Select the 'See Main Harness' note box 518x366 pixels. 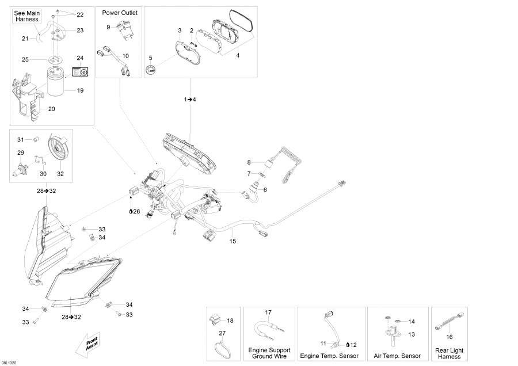(27, 16)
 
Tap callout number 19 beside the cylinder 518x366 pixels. (80, 90)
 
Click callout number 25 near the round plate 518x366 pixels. (25, 59)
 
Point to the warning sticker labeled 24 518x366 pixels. (79, 72)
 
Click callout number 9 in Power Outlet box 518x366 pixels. (108, 27)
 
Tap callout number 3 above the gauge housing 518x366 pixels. (180, 30)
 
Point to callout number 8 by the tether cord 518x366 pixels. (249, 162)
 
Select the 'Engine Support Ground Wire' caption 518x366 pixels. (269, 353)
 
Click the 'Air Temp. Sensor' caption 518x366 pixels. (397, 356)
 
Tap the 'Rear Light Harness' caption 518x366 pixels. (450, 353)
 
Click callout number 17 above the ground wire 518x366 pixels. (268, 312)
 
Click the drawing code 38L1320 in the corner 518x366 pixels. (9, 363)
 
